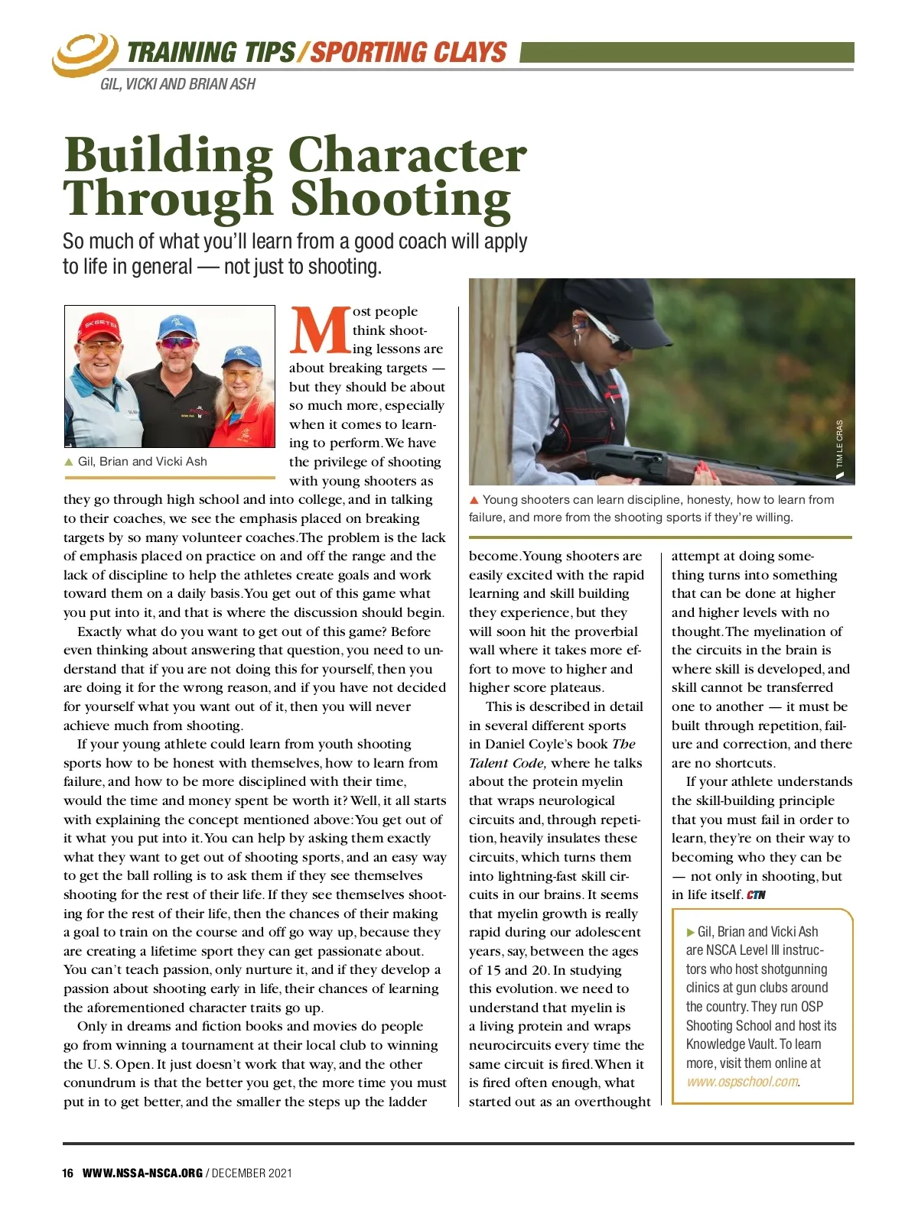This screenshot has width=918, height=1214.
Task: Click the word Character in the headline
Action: pos(408,155)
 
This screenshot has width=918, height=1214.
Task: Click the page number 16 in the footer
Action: pos(68,1173)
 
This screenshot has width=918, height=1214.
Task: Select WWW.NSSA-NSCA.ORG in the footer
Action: pos(142,1173)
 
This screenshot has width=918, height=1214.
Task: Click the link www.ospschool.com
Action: pos(742,1082)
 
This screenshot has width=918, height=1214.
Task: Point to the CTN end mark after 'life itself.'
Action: pos(756,895)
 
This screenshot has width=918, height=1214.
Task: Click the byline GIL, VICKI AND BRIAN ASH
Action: pos(177,84)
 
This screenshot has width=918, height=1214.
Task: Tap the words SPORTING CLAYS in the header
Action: pos(408,52)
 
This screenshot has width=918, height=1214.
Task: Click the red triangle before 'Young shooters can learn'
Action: pos(474,500)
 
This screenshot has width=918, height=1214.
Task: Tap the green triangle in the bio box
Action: pos(691,932)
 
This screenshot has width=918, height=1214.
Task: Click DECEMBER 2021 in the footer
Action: pos(252,1173)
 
